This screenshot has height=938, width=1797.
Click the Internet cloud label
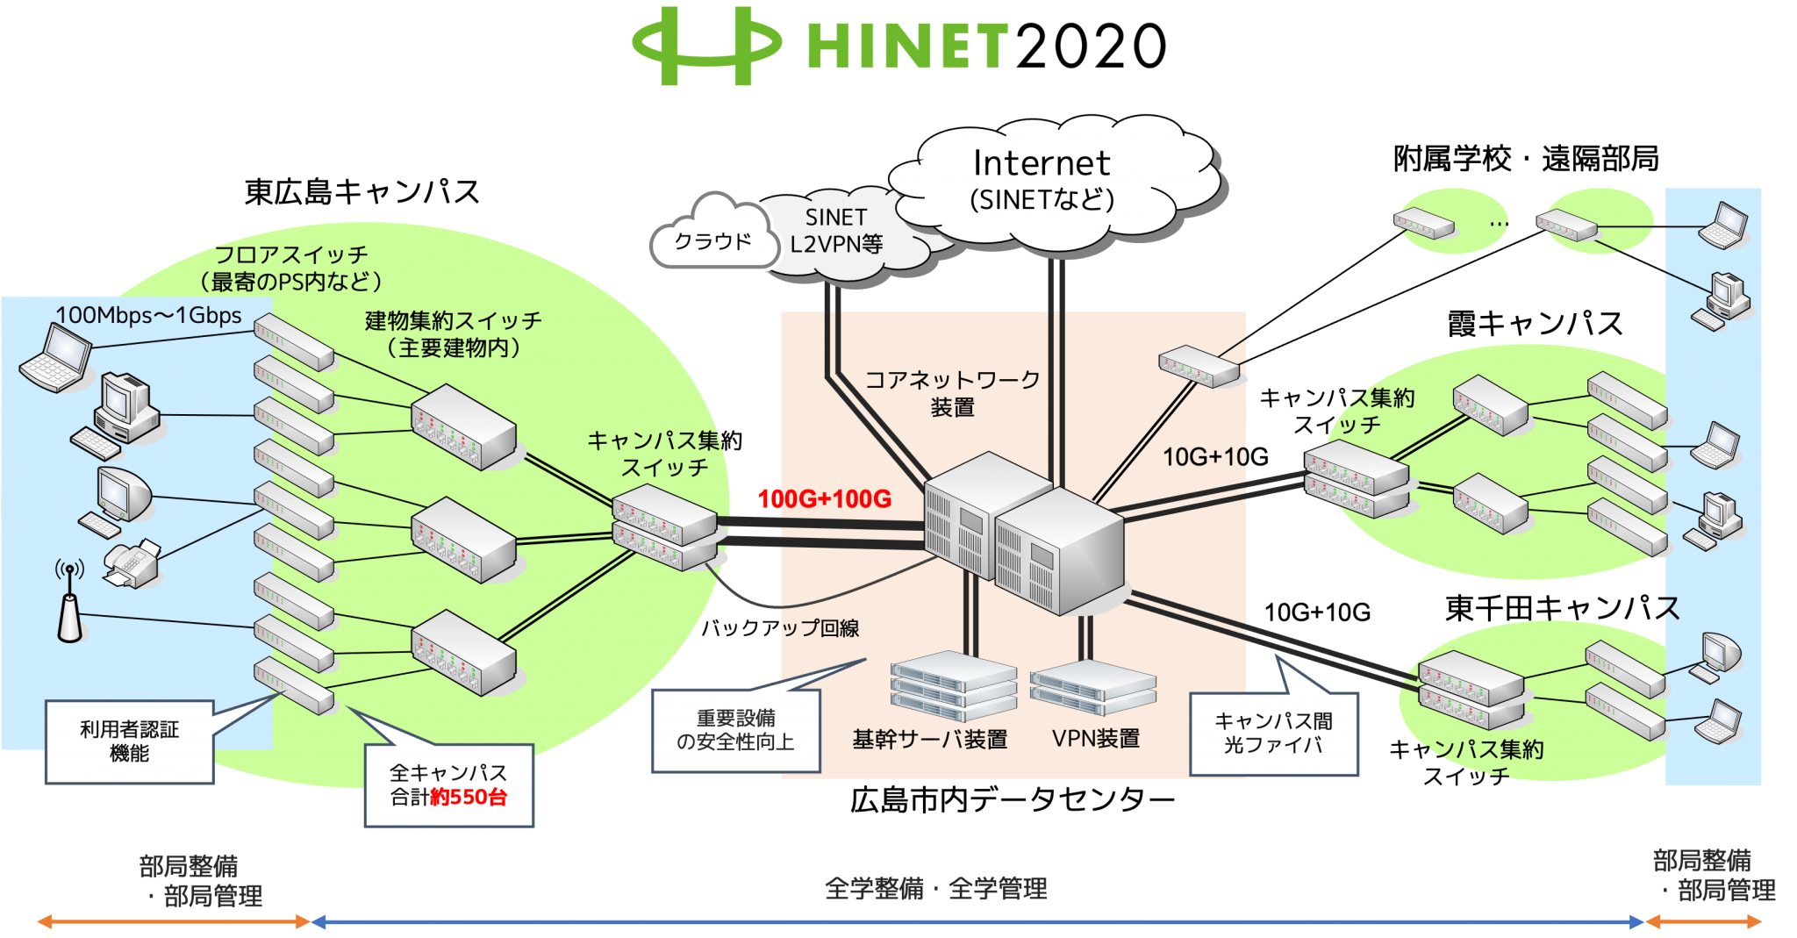[1042, 164]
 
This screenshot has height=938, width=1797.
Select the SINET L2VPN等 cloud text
[835, 231]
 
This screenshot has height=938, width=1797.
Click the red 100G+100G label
[824, 499]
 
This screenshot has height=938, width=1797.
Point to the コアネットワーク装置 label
[952, 393]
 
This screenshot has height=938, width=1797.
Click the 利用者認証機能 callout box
[129, 741]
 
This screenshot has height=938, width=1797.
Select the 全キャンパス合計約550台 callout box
[448, 785]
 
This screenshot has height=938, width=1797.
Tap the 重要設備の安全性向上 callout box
[735, 730]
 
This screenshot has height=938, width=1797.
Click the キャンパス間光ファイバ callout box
[1273, 734]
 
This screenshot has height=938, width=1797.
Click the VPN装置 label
[1095, 739]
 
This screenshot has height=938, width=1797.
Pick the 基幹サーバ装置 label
[930, 740]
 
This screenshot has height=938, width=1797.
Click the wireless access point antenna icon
[69, 605]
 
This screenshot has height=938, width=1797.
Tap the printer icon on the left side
[132, 562]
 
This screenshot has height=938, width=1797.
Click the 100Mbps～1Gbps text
[148, 315]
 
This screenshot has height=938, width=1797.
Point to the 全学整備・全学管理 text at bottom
[935, 889]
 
